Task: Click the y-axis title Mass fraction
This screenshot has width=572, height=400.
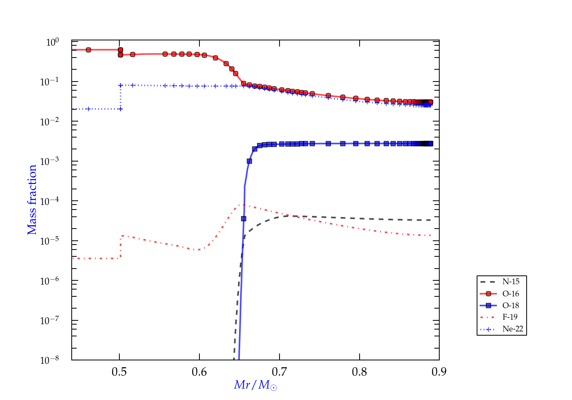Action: click(x=32, y=200)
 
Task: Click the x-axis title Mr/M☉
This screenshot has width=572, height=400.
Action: click(x=255, y=385)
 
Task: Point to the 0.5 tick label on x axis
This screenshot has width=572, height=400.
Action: click(x=119, y=372)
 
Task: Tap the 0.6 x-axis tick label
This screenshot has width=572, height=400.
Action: click(x=199, y=372)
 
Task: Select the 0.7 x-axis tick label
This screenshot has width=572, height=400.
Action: click(x=280, y=372)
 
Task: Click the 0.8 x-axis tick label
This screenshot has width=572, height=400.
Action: click(x=360, y=372)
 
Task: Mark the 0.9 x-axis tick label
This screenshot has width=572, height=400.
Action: click(x=439, y=372)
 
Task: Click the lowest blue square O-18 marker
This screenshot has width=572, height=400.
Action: click(x=244, y=219)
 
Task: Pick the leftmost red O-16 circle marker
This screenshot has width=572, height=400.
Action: click(x=88, y=50)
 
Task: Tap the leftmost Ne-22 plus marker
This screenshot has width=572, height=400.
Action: click(x=88, y=109)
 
